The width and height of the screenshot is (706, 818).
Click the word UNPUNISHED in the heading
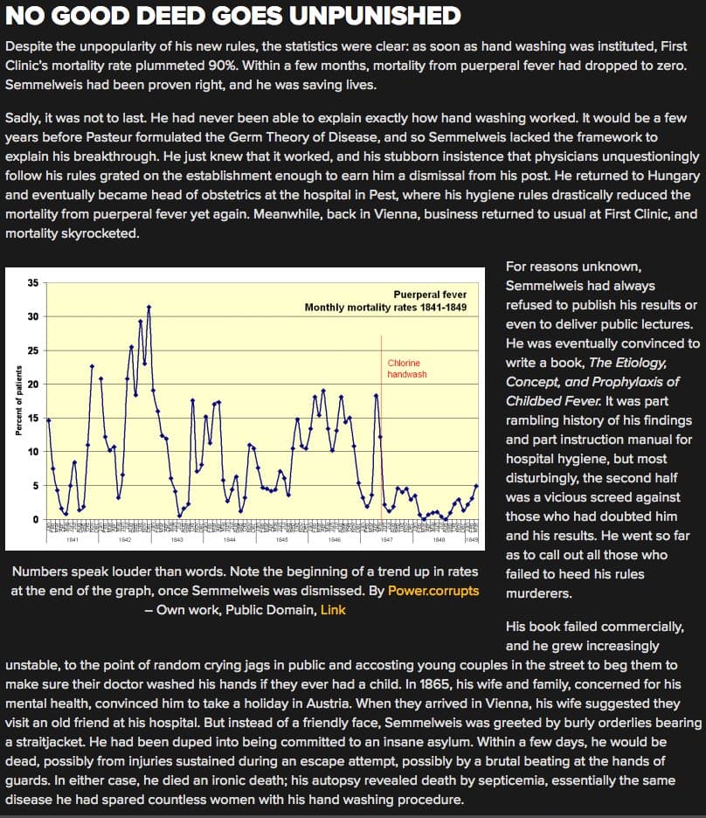[x=377, y=16]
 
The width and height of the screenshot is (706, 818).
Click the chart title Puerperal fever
[x=430, y=295]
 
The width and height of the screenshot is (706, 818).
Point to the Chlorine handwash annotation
[x=407, y=368]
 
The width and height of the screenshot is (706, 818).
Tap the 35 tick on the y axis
[x=32, y=282]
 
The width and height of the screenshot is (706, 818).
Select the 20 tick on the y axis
[x=32, y=384]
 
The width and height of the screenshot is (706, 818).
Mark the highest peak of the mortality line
[x=149, y=307]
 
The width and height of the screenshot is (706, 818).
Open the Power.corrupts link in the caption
[x=433, y=590]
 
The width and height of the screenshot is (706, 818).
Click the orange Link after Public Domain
[x=333, y=609]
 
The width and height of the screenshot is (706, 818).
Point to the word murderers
[x=539, y=593]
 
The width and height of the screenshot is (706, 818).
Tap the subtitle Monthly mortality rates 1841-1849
[x=385, y=308]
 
